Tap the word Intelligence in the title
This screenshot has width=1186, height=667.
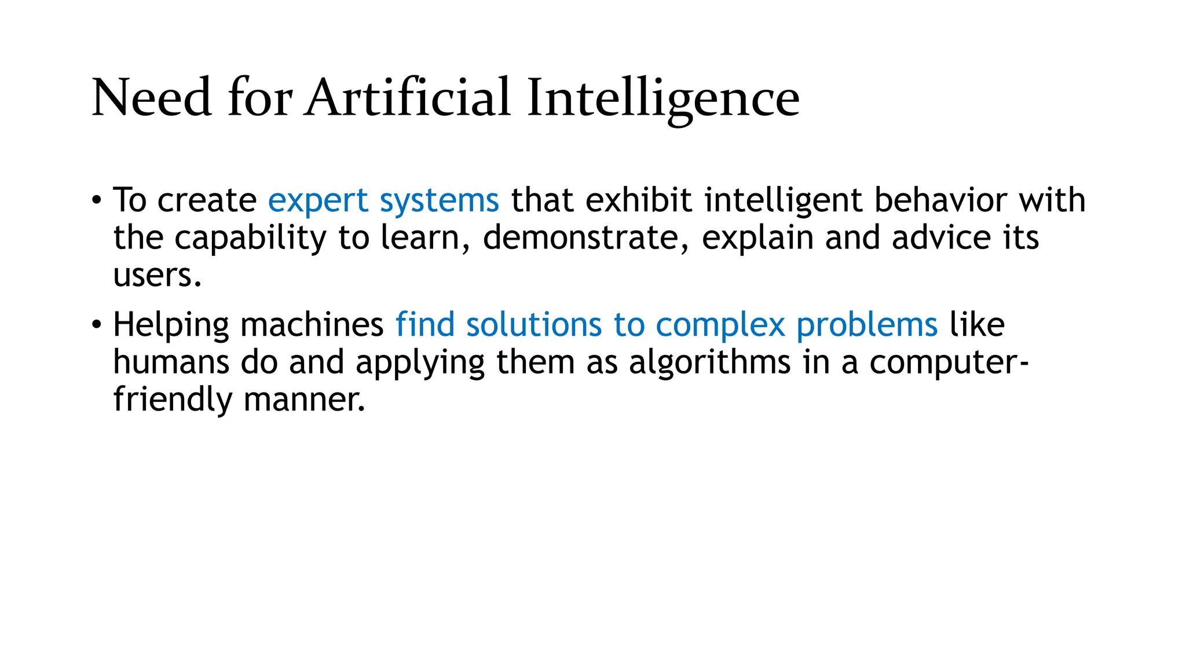click(x=663, y=98)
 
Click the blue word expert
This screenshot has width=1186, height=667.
click(x=318, y=201)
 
